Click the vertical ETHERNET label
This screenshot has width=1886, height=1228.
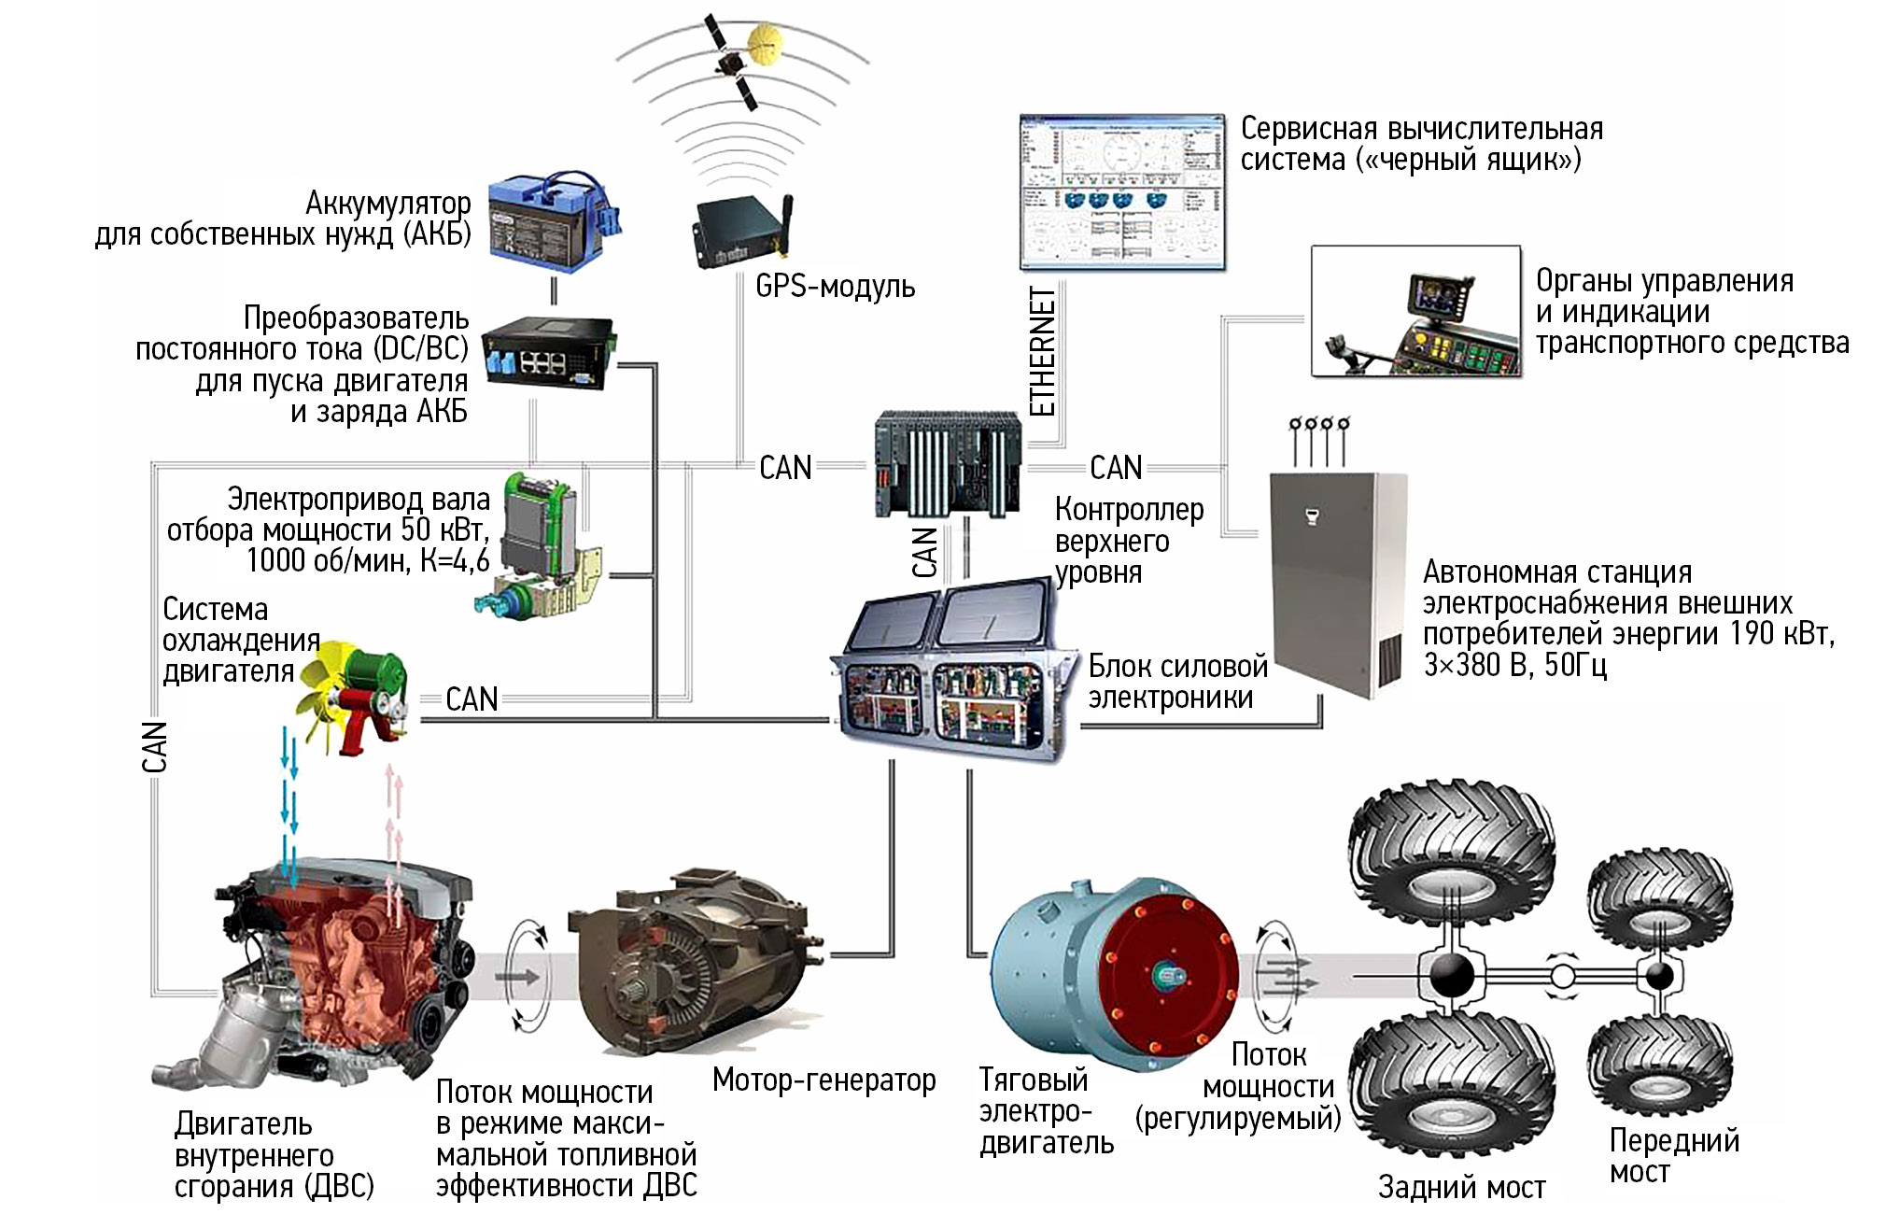[x=1042, y=351]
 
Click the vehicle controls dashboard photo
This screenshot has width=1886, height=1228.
[x=1415, y=312]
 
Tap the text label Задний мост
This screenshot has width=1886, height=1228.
[x=1461, y=1187]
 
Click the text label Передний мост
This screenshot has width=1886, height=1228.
[x=1673, y=1155]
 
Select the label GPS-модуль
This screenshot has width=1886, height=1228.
[x=835, y=286]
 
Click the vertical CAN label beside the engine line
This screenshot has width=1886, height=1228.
[x=154, y=746]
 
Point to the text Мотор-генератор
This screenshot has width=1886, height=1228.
[x=823, y=1080]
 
